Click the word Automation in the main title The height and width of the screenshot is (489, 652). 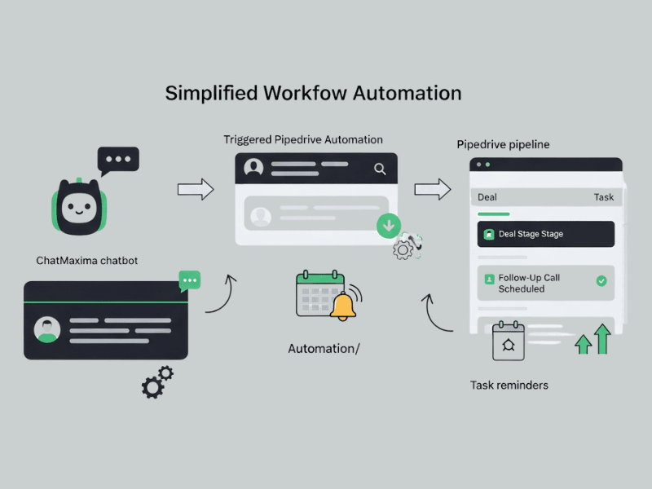[407, 93]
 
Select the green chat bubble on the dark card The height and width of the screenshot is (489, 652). [190, 280]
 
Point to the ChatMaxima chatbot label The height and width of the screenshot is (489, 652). [87, 261]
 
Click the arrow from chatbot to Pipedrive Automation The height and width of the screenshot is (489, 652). [196, 190]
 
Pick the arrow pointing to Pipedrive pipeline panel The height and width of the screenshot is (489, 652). [432, 190]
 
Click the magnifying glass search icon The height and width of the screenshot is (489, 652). [380, 169]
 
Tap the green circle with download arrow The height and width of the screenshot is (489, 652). [389, 226]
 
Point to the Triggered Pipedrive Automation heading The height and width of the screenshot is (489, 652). [303, 139]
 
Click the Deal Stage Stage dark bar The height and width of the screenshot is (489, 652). [545, 234]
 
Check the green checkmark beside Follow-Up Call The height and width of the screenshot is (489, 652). [601, 280]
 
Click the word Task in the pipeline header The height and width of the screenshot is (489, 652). [603, 197]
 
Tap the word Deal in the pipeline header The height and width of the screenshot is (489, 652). [487, 197]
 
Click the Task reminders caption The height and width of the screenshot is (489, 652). [509, 385]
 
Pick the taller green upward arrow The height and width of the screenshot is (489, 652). [602, 338]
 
